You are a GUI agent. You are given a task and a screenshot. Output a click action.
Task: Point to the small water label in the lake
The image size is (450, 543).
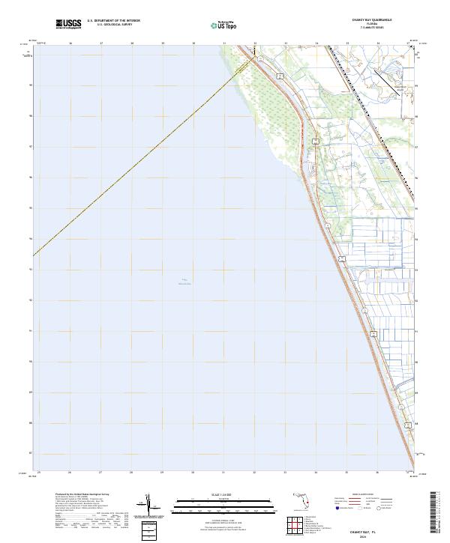point(184,282)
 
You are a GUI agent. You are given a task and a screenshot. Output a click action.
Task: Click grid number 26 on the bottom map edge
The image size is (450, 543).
point(69,472)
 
